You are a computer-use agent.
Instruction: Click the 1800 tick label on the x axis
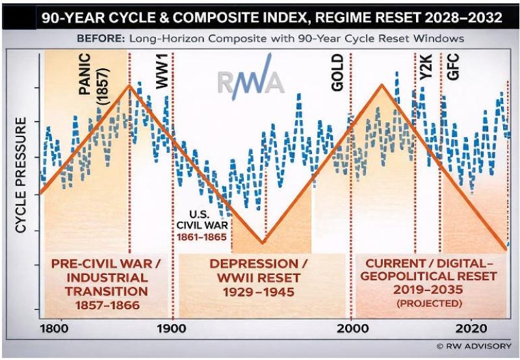pos(60,329)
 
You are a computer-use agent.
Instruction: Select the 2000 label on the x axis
pos(350,329)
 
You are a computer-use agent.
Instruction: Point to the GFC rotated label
pos(453,70)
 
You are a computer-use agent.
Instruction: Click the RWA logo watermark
pos(251,83)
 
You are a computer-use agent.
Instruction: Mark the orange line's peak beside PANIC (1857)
pos(130,85)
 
